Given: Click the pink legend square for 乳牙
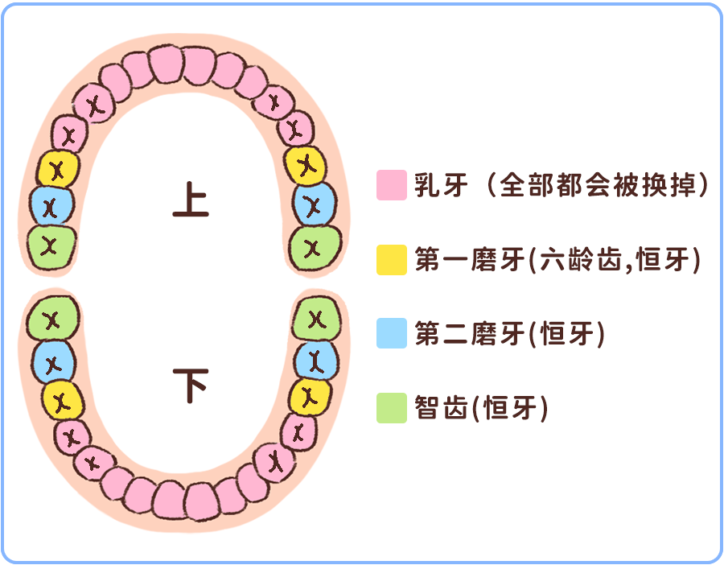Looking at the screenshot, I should (x=391, y=185).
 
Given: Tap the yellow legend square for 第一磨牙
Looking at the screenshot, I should (x=391, y=259).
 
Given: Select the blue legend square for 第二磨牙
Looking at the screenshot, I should (x=391, y=333).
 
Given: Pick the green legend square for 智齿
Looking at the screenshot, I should (x=391, y=407).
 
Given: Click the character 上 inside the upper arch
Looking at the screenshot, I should (x=191, y=200).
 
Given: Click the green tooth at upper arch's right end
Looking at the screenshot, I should (x=315, y=245).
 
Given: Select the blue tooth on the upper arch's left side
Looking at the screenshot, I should (x=51, y=206).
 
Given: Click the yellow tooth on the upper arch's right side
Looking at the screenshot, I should (x=306, y=165).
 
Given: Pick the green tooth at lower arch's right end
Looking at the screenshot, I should (x=315, y=320).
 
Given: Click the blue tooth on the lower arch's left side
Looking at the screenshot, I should (x=53, y=363).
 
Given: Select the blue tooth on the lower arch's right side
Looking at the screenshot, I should (x=315, y=360).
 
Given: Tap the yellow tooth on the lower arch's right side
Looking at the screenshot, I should (x=309, y=396).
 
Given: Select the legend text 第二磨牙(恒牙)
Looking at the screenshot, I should (x=509, y=333).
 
